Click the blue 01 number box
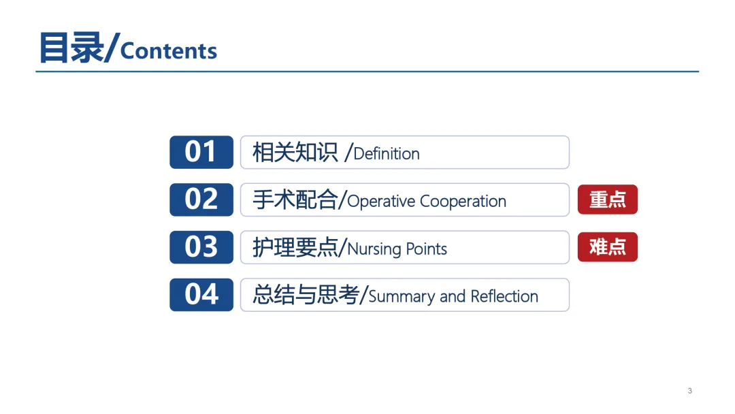click(201, 152)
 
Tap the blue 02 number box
click(201, 200)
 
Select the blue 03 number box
click(201, 247)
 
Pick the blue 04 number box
click(201, 295)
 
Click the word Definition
click(387, 154)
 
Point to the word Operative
click(381, 202)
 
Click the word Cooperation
click(463, 202)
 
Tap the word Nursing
click(374, 249)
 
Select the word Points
click(427, 249)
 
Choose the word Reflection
click(504, 296)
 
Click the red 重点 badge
click(608, 200)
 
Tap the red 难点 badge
click(608, 247)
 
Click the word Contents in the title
click(169, 51)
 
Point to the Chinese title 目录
click(71, 48)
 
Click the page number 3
click(690, 391)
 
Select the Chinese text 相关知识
click(295, 153)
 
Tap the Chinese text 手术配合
click(295, 200)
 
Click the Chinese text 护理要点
click(295, 248)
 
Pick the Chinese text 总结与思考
click(306, 295)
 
